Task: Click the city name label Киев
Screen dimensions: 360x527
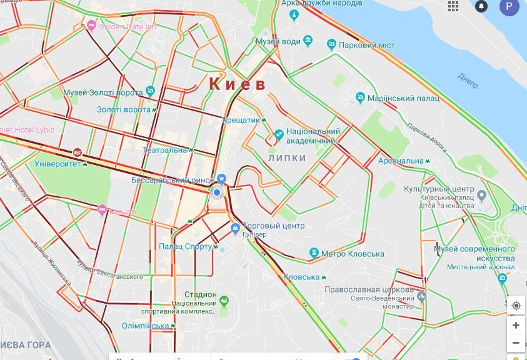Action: (237, 84)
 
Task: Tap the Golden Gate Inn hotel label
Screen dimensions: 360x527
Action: (128, 27)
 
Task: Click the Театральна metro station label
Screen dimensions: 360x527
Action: (165, 150)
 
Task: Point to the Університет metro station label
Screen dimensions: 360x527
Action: (58, 164)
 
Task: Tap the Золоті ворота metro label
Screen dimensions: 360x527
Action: (124, 109)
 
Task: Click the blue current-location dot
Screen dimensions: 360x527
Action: (217, 192)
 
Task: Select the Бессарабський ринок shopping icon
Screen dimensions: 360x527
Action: (221, 179)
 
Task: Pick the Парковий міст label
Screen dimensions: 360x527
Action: (366, 45)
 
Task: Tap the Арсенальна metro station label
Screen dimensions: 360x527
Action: (401, 161)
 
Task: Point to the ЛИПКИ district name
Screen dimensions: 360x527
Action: (287, 158)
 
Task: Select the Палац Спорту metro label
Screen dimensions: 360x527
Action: (185, 246)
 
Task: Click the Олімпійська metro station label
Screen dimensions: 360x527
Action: (145, 326)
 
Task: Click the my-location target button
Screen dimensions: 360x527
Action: (516, 306)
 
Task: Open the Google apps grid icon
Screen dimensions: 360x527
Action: (453, 6)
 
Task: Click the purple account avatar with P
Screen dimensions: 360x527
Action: (509, 7)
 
